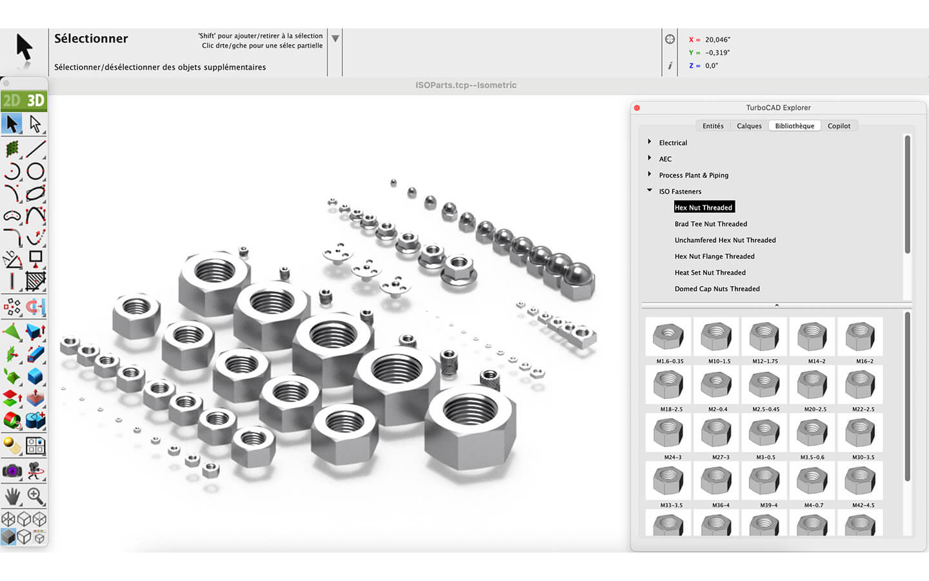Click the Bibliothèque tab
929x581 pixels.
click(x=794, y=126)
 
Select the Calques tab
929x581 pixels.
click(x=749, y=126)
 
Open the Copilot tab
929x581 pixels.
click(x=839, y=126)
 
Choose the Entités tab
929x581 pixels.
click(x=713, y=126)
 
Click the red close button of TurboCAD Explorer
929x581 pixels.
click(x=637, y=108)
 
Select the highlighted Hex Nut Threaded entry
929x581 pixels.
click(x=704, y=207)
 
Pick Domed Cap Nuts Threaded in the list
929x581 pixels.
click(x=717, y=289)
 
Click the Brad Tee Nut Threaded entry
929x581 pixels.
click(x=711, y=223)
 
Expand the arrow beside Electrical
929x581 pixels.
click(x=650, y=142)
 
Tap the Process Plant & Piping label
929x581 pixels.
click(x=694, y=175)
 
